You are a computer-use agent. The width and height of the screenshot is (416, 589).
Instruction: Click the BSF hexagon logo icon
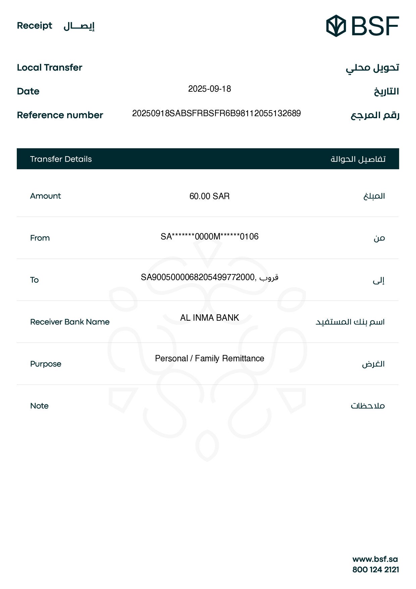click(336, 26)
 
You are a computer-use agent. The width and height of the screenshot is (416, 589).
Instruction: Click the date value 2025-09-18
click(209, 89)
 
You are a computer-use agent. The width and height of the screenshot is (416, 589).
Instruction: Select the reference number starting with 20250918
click(216, 114)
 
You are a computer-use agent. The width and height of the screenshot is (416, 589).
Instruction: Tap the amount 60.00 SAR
click(209, 196)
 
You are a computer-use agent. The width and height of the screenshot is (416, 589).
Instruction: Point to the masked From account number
click(209, 237)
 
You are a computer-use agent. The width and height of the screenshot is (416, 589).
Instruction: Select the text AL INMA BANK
click(209, 318)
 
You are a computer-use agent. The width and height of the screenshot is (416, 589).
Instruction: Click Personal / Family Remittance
click(209, 359)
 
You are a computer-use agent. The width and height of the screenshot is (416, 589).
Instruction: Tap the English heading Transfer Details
click(61, 159)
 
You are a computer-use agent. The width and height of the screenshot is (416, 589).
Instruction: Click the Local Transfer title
click(50, 67)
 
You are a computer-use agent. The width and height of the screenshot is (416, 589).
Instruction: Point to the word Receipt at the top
click(35, 26)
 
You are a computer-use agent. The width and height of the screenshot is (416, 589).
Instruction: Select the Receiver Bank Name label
click(70, 322)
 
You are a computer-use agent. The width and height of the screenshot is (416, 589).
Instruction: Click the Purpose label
click(46, 364)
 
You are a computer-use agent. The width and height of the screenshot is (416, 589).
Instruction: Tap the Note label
click(39, 406)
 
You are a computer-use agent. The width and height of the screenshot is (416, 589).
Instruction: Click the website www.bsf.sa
click(375, 559)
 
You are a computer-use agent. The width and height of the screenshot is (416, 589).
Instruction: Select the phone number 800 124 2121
click(375, 570)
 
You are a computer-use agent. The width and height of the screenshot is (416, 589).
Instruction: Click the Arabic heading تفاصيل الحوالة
click(358, 159)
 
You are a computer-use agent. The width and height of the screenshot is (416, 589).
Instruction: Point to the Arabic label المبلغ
click(374, 196)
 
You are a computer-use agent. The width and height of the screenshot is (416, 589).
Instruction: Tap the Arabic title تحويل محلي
click(372, 68)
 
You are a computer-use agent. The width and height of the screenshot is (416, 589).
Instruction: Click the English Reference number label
click(60, 115)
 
